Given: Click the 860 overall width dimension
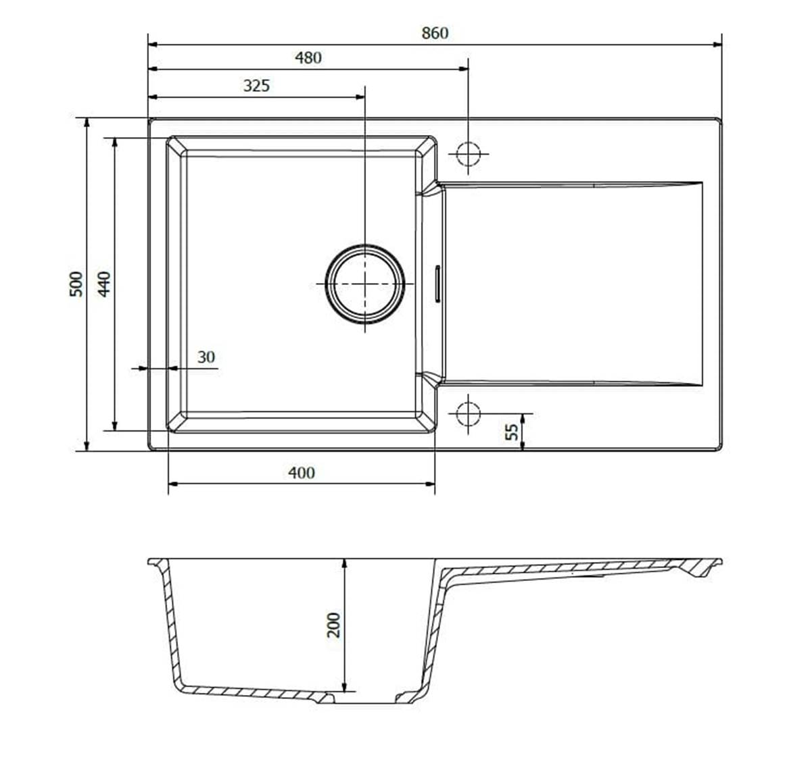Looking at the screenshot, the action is point(435,33).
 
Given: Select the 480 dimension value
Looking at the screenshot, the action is point(308,58).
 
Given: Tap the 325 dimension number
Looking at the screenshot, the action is point(256,86).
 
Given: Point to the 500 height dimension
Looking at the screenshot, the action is point(76,284).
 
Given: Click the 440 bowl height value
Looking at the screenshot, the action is point(104,284).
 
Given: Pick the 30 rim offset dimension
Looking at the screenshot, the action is point(206,357).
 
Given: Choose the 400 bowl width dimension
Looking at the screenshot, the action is point(301,473).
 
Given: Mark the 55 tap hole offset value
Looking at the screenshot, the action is point(511,432).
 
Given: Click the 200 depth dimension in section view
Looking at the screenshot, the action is point(334,625).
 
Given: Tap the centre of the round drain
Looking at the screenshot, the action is point(365,284).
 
